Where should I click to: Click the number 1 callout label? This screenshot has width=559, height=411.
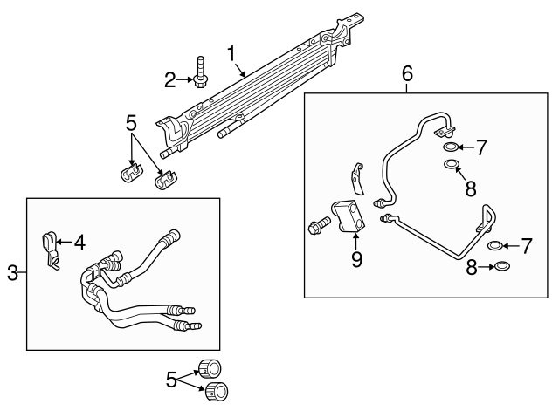click(x=233, y=53)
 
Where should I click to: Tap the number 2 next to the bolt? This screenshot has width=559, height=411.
click(x=171, y=81)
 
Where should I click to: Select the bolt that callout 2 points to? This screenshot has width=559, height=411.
click(x=202, y=72)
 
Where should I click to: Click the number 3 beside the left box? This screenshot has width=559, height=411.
click(x=12, y=273)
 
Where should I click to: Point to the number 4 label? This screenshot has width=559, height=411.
click(x=80, y=243)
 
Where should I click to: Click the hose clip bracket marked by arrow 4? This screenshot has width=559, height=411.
click(x=51, y=248)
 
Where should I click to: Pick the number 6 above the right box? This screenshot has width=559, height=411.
click(x=407, y=75)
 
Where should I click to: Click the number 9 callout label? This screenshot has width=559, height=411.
click(x=356, y=259)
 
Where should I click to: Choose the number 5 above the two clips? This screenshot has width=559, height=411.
click(x=130, y=123)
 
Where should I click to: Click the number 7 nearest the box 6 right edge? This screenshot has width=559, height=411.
click(x=526, y=246)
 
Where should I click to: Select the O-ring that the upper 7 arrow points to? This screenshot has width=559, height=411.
click(x=451, y=147)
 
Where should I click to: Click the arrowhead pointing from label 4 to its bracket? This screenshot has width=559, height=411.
click(x=59, y=243)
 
